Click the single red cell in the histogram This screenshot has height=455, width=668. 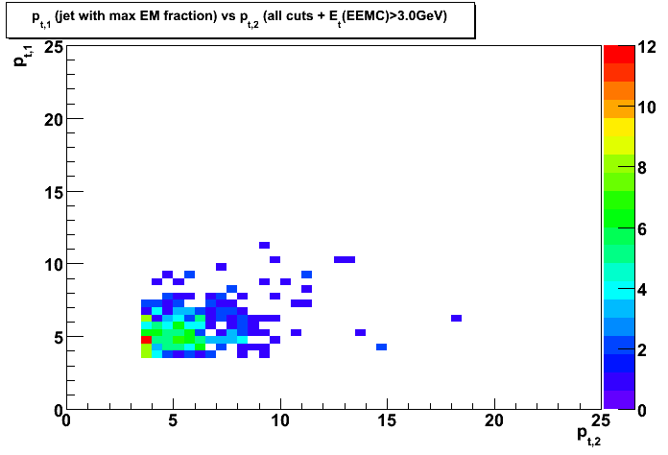(147, 340)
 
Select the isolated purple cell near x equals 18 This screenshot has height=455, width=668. (456, 318)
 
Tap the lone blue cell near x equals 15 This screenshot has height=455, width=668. (382, 347)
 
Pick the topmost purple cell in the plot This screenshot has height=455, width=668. (264, 245)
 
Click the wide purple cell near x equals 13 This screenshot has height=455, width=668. (345, 259)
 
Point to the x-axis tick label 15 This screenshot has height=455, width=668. (387, 420)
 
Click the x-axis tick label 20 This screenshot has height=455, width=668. (494, 420)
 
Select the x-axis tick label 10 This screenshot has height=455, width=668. (280, 420)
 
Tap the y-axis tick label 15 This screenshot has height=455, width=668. (54, 193)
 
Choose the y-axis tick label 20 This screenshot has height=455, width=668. (54, 120)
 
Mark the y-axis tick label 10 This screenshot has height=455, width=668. (54, 265)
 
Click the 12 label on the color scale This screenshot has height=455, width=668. (647, 47)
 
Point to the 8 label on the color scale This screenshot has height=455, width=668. (641, 168)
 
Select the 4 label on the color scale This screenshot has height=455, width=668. (641, 290)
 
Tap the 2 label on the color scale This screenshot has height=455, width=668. (641, 350)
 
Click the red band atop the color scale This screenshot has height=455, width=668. (619, 54)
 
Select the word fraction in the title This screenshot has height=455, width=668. (194, 16)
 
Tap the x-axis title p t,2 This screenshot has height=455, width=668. (588, 436)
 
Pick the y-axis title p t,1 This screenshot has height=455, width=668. (22, 56)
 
